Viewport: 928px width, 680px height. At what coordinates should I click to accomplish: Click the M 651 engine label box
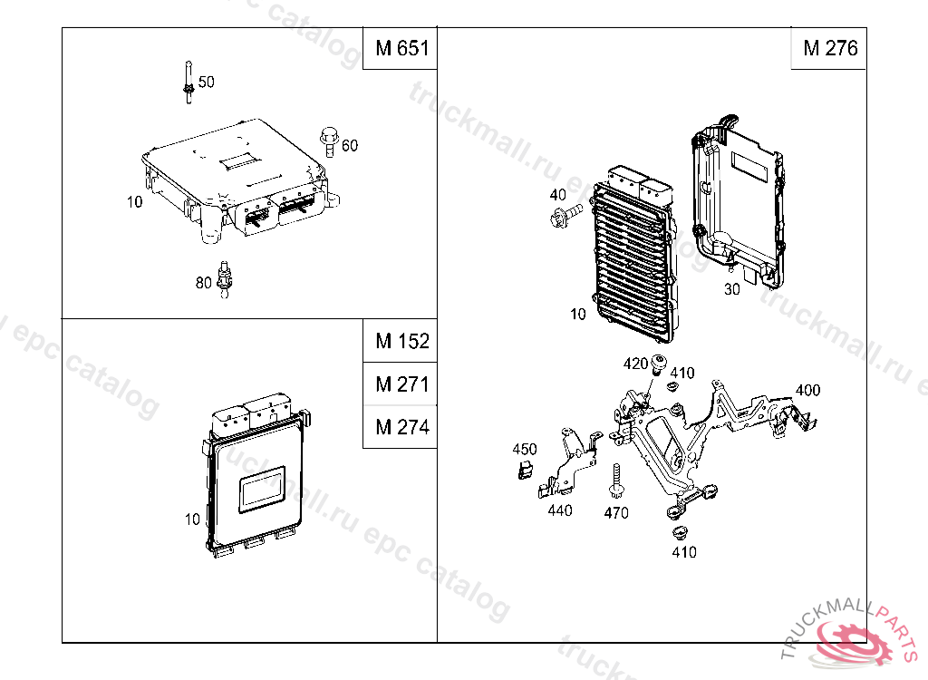pos(400,48)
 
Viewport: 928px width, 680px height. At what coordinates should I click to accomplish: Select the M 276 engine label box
pos(829,48)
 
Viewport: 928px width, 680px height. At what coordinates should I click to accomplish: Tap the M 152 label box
pos(400,341)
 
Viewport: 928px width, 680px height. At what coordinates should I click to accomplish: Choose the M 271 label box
pos(400,384)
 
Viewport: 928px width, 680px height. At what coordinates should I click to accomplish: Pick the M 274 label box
pos(400,426)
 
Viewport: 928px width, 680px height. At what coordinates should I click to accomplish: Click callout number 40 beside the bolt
pos(557,195)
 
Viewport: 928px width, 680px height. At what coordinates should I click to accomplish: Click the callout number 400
pos(807,391)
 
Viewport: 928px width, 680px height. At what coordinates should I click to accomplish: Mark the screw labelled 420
pos(658,366)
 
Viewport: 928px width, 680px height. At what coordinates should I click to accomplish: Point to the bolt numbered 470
pos(616,481)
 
